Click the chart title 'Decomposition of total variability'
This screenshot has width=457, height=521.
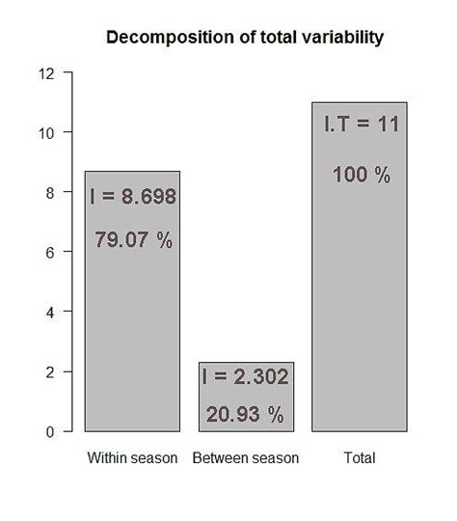(x=245, y=39)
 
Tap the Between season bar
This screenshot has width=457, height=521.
(x=246, y=397)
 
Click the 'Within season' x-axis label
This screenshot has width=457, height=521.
(x=132, y=457)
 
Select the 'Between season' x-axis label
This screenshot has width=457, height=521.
(x=246, y=457)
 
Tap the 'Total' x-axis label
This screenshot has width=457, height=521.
(x=360, y=457)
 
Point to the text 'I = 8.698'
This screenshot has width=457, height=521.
(x=132, y=198)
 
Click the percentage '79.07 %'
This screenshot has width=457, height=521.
(x=133, y=240)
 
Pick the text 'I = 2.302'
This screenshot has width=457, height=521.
(x=246, y=378)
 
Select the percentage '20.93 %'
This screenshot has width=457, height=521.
(x=246, y=415)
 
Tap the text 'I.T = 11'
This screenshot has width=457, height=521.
(x=360, y=124)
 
